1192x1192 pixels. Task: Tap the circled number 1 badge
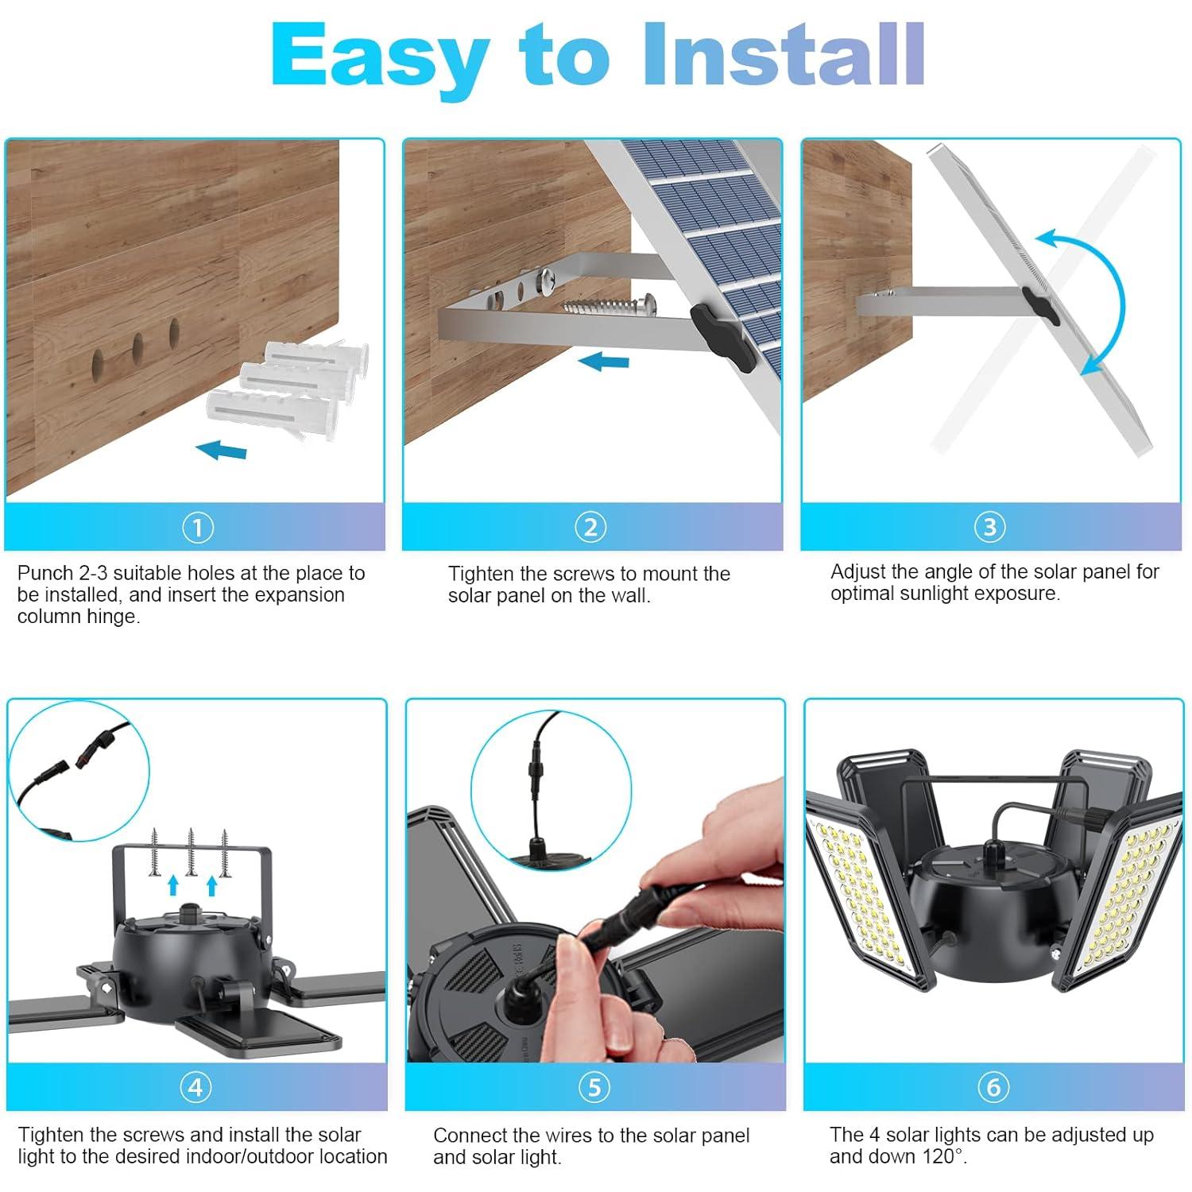[x=197, y=528]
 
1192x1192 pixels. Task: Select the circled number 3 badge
[x=989, y=527]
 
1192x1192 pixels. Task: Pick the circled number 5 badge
[x=594, y=1087]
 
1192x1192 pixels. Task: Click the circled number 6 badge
[x=993, y=1087]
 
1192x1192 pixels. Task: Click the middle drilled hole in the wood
[x=137, y=347]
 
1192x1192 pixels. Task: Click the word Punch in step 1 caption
[x=45, y=573]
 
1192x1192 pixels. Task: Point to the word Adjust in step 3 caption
[x=857, y=571]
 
